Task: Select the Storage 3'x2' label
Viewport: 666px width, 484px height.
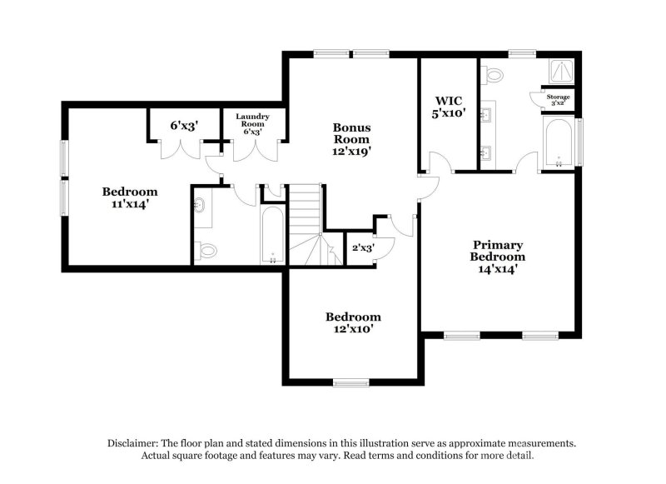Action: click(558, 100)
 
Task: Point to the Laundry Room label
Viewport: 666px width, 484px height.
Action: click(251, 124)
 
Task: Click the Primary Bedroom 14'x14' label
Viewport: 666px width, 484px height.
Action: click(498, 257)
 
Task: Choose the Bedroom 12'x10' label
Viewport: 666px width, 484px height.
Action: click(353, 322)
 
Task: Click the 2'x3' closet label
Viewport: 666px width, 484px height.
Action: click(362, 247)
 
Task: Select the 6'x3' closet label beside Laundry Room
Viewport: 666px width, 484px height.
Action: click(184, 125)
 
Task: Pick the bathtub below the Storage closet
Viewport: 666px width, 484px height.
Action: click(558, 142)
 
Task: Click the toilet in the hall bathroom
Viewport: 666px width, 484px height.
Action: click(206, 249)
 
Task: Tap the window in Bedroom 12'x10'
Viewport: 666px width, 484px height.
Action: click(350, 382)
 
